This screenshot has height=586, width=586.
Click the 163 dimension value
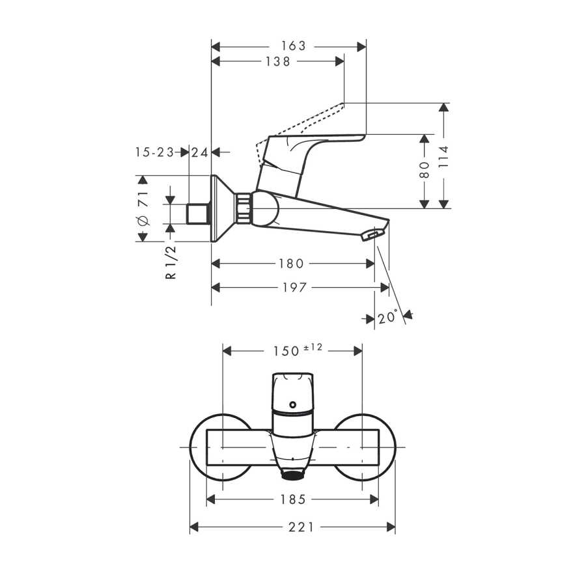pos(294,46)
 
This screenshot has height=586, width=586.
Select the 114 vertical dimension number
pos(443,156)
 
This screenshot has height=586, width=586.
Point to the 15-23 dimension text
pos(155,152)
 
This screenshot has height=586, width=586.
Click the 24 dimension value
pos(200,152)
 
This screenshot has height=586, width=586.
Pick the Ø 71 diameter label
pos(143,208)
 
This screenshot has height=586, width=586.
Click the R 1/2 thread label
pos(171,262)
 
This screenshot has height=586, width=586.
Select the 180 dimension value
pos(291,264)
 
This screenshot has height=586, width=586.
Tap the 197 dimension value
pos(294,287)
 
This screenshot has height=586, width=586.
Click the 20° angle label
pos(387,318)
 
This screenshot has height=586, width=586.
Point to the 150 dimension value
pos(286,352)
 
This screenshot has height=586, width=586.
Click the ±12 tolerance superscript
pos(313,347)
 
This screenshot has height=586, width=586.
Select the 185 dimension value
pos(294,499)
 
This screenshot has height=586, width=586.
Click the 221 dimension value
pos(301,527)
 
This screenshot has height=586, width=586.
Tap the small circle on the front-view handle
pos(292,405)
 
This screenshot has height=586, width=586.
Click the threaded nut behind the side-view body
pos(243,208)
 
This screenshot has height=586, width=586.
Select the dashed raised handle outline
pos(300,134)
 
